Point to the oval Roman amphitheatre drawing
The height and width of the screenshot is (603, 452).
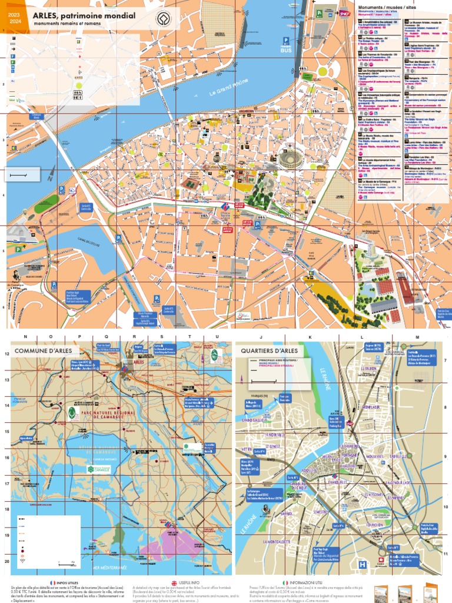click(x=292, y=158)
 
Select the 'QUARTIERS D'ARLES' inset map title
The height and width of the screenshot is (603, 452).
click(x=265, y=352)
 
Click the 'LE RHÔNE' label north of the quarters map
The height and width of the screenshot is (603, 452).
click(x=325, y=377)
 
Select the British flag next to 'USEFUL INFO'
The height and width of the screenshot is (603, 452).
click(x=174, y=582)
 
